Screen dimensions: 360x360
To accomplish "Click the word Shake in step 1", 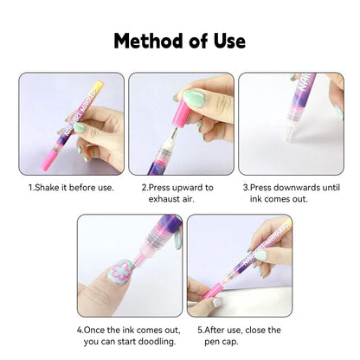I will [x=49, y=187].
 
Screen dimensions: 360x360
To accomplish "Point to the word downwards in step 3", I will [x=292, y=187].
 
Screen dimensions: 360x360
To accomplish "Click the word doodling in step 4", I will [x=152, y=341].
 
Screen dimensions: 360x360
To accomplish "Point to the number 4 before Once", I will [x=79, y=330].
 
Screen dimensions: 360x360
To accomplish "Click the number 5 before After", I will [x=199, y=330].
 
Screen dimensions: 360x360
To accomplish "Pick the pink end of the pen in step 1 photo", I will [x=41, y=155].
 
